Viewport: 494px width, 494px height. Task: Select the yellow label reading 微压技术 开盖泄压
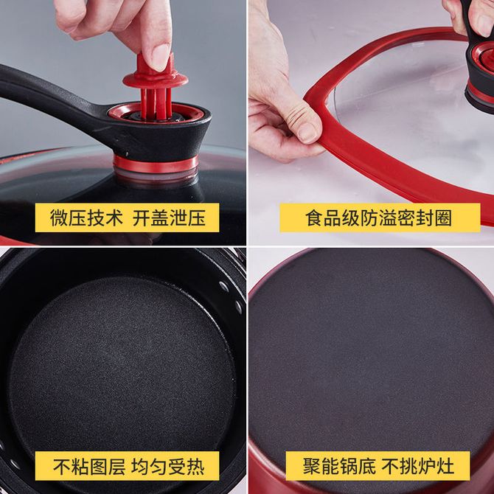(127, 218)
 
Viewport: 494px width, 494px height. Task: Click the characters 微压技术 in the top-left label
(86, 218)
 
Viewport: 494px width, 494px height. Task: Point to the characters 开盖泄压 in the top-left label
(169, 218)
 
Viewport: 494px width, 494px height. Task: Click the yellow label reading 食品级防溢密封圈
(380, 218)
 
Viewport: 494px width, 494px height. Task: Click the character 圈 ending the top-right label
(443, 218)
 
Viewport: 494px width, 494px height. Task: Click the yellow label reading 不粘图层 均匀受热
(127, 466)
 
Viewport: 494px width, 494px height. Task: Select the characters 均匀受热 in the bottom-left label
(167, 466)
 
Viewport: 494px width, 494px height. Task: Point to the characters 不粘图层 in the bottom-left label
(89, 466)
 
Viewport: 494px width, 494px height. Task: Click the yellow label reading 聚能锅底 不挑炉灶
(378, 466)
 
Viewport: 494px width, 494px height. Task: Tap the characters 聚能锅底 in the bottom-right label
(339, 466)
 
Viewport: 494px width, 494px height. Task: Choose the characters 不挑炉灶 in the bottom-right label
(418, 466)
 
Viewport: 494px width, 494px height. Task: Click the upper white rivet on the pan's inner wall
(224, 286)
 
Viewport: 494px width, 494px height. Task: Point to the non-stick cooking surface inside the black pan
(122, 366)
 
